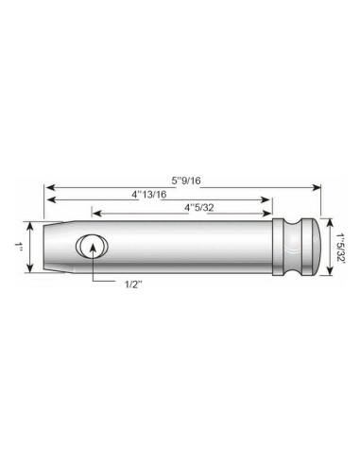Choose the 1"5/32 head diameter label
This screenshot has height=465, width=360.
(x=341, y=247)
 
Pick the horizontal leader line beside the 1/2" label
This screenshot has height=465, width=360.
(x=107, y=282)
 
